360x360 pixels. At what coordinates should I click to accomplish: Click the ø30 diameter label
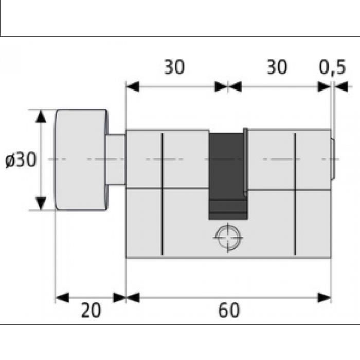click(x=21, y=160)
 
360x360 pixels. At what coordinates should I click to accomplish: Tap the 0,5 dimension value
click(x=332, y=67)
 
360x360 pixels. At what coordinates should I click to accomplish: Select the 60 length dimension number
click(x=229, y=311)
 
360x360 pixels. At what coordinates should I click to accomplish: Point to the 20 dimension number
click(x=91, y=311)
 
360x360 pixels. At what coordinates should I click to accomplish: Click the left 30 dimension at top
click(x=174, y=67)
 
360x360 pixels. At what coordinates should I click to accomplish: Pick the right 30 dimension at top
click(x=277, y=67)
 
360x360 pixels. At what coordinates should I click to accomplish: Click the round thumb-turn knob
click(x=81, y=159)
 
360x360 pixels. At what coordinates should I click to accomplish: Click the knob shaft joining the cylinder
click(x=116, y=159)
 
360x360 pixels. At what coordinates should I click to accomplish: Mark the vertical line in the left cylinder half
click(x=162, y=194)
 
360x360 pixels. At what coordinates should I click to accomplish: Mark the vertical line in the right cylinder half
click(x=295, y=194)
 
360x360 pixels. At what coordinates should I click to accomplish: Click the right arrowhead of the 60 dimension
click(x=325, y=298)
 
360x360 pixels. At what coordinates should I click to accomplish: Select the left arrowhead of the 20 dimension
click(x=62, y=298)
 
